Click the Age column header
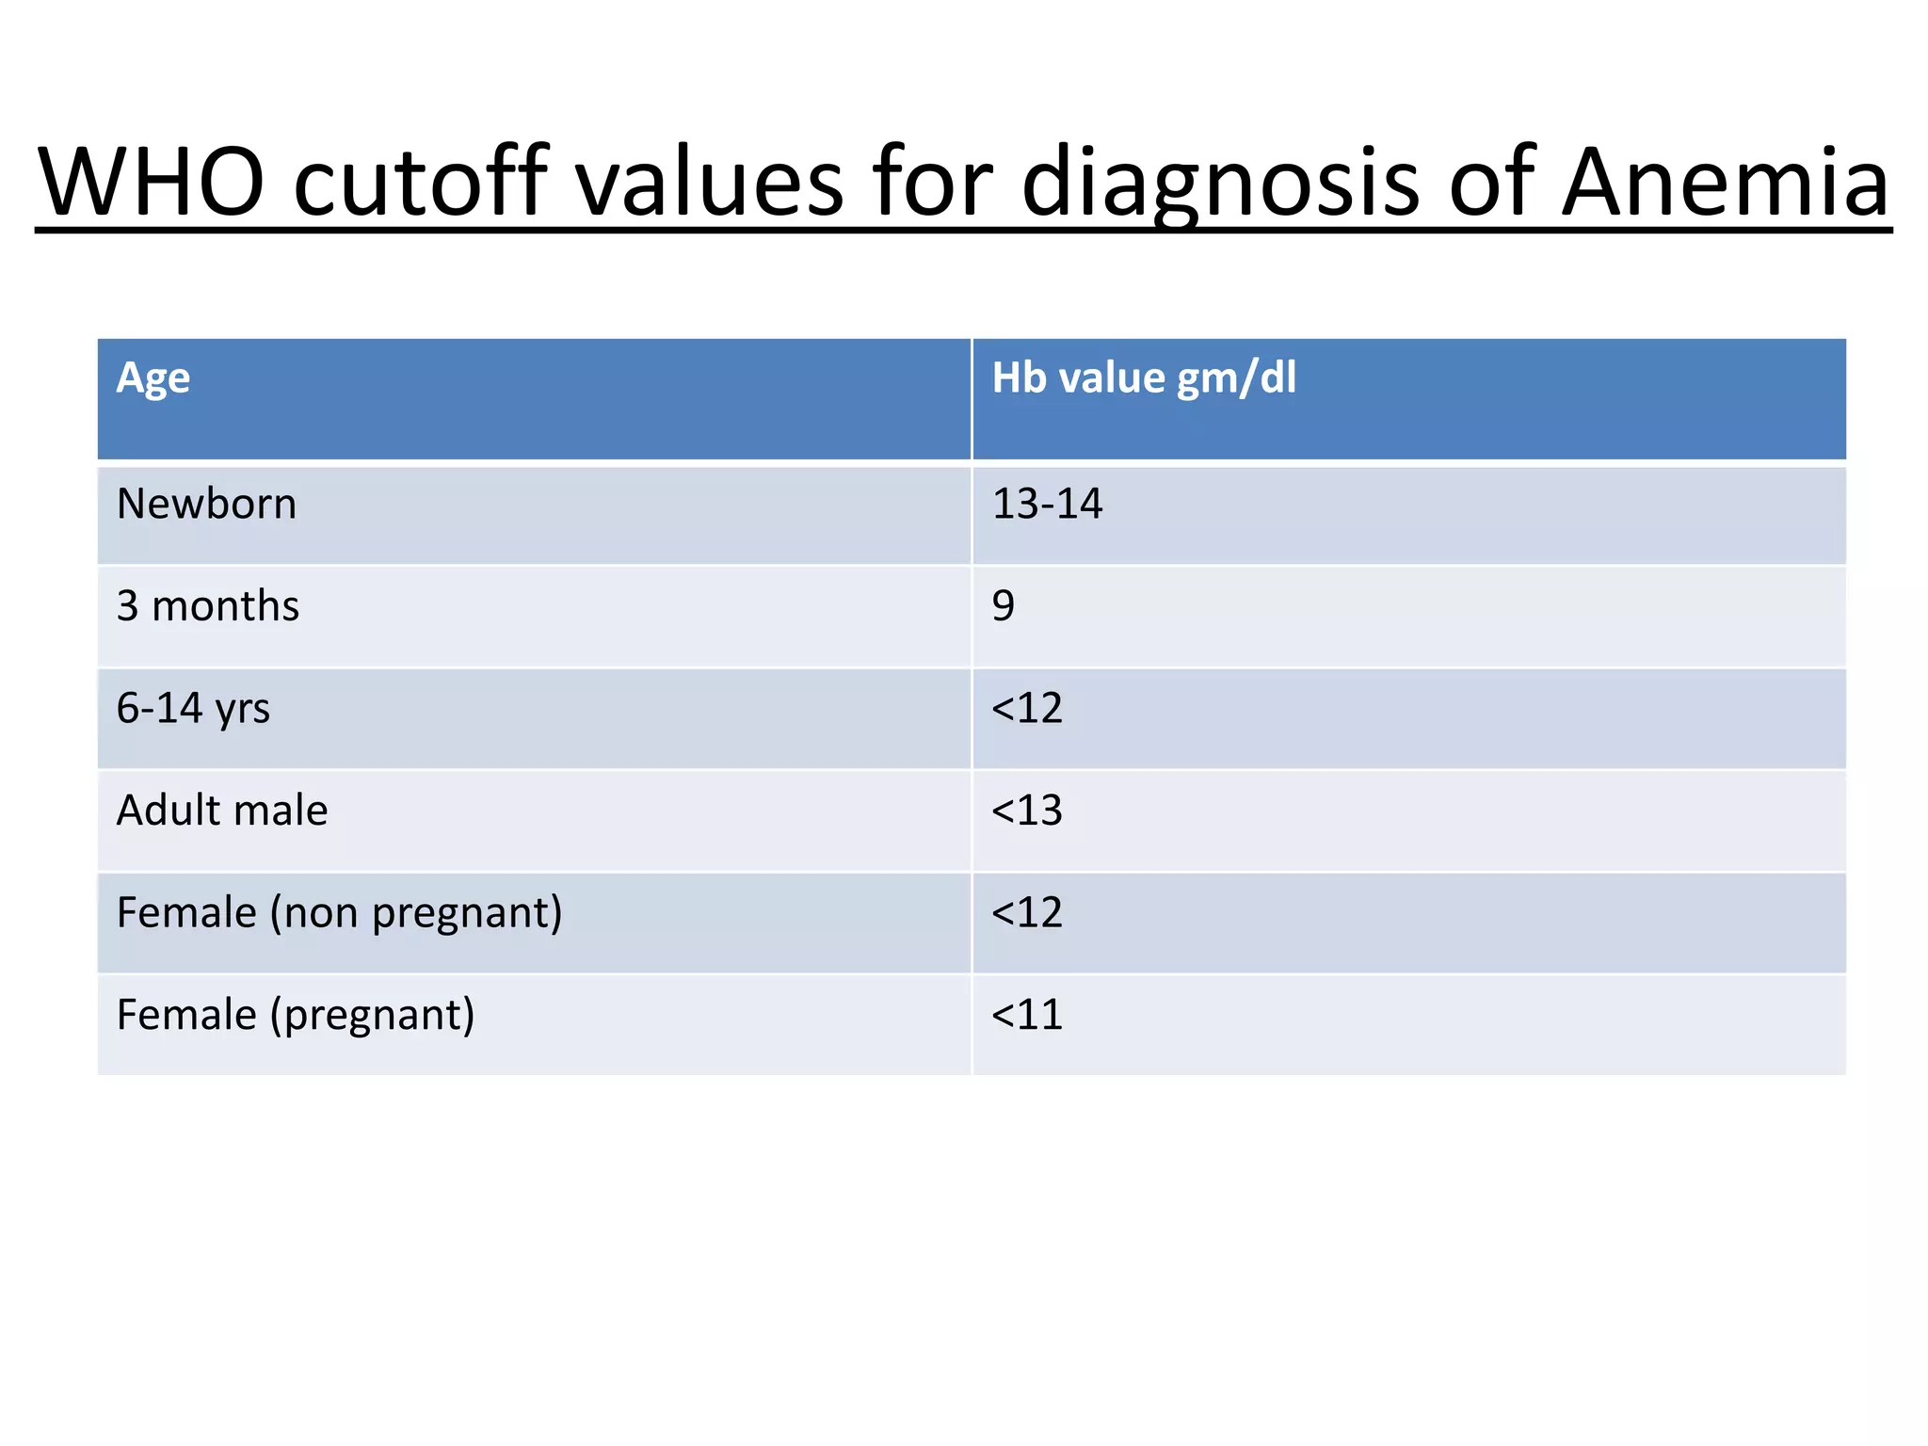tap(153, 378)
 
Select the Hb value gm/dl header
tap(1144, 378)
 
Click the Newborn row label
tap(206, 504)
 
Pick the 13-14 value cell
tap(1047, 504)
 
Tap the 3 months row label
tap(207, 606)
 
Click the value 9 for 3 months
tap(1004, 606)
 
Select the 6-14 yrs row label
tap(193, 709)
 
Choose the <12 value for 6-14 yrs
tap(1027, 709)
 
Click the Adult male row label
tap(222, 811)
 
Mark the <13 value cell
tap(1027, 811)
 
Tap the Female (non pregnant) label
tap(339, 913)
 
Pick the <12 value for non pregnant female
tap(1027, 913)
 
